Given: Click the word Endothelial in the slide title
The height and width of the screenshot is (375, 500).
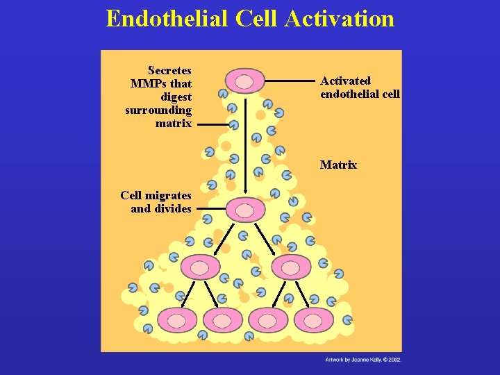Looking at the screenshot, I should pos(167,19).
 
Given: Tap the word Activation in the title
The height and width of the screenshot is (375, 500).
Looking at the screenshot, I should pos(344,19).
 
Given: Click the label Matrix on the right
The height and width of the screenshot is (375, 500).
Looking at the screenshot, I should pos(338,165).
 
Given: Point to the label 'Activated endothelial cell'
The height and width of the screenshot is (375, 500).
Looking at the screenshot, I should pos(360,87).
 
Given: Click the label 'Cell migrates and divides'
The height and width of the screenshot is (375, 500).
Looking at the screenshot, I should pos(156,202).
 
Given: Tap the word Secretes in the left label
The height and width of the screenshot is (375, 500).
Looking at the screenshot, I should pos(169,70).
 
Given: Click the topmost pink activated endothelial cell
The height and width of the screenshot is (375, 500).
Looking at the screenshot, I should pos(244,81).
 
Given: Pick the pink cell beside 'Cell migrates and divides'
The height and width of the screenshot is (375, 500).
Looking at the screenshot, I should pos(245,209).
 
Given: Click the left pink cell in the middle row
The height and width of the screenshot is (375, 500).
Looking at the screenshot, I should pos(200,267).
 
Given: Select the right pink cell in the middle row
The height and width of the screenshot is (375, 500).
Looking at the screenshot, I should pos(291,267).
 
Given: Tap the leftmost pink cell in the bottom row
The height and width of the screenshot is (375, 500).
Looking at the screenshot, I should pos(177,320).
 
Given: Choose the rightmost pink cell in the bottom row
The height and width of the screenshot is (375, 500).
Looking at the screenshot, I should pos(312,320).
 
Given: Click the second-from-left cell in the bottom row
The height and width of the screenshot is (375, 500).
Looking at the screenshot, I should pos(222,320).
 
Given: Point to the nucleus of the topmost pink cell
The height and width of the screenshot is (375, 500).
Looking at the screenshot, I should pos(244,82).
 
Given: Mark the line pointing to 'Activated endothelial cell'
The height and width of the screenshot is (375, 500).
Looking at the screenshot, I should pos(291,81).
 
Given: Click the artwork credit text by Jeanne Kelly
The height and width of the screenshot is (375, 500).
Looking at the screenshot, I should pos(363,360).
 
